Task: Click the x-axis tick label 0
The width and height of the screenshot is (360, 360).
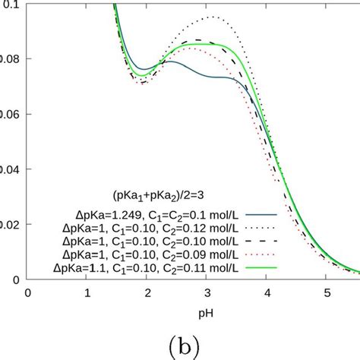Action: [28, 292]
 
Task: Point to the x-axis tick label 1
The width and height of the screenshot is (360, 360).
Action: [87, 292]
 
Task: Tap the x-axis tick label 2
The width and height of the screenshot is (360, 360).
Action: [147, 292]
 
